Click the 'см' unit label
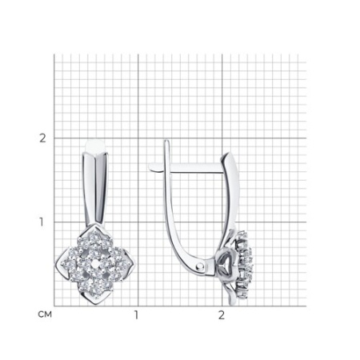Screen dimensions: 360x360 pos(45,314)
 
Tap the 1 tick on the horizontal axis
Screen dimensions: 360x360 pos(136,315)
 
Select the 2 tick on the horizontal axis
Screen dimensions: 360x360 pos(222,315)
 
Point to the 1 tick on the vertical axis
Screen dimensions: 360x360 pos(41,222)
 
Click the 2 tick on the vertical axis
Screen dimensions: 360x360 pos(42,138)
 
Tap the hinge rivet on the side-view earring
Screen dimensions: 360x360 pos(201,266)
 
